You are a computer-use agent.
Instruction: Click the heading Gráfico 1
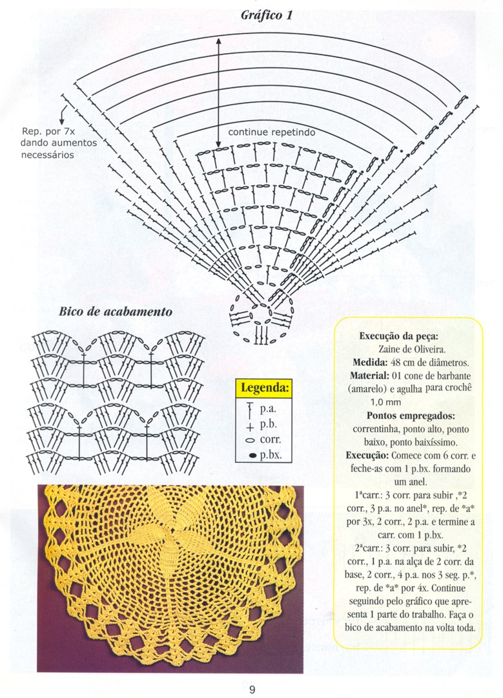(x=267, y=15)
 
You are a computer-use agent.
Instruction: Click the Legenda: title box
(x=265, y=388)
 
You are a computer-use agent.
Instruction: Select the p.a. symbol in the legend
(x=249, y=409)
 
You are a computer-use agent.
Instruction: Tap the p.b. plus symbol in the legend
(x=249, y=425)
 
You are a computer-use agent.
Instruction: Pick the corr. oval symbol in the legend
(x=249, y=440)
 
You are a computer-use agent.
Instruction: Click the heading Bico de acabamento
(x=116, y=311)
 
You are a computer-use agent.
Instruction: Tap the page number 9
(x=252, y=690)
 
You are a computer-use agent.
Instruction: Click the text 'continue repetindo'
(x=272, y=132)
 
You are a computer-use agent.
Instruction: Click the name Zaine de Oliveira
(x=409, y=349)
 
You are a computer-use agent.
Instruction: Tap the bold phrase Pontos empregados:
(x=409, y=415)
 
